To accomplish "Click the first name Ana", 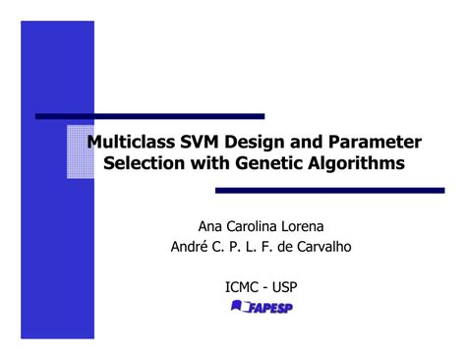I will pyautogui.click(x=212, y=224).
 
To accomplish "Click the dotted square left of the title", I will pyautogui.click(x=80, y=152).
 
